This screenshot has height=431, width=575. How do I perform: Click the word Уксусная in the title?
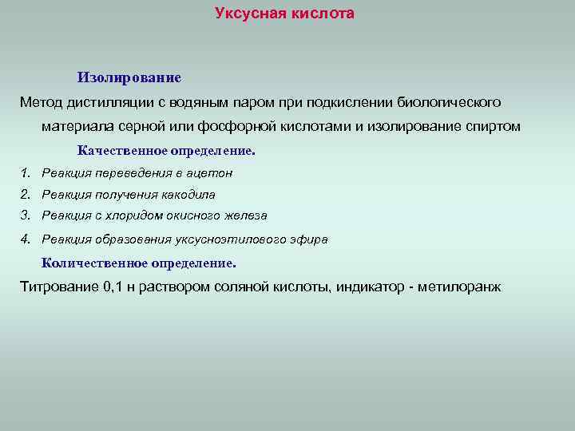246,14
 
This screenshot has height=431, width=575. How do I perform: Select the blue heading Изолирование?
129,77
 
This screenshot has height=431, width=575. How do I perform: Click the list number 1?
26,172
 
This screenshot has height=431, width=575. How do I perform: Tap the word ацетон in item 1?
212,172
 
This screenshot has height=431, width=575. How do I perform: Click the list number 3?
26,215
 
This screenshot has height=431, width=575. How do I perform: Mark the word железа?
246,215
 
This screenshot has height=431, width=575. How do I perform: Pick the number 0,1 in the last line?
115,287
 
